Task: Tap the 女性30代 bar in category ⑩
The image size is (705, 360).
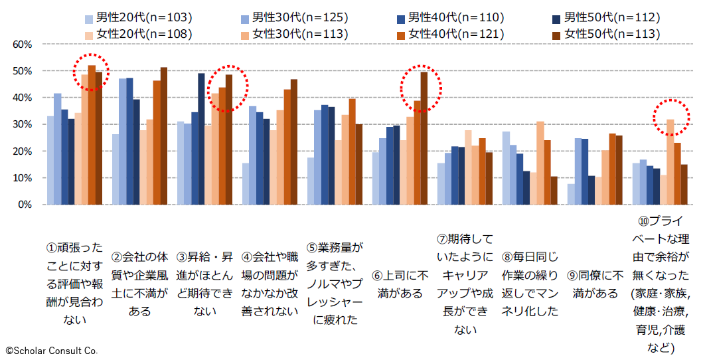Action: pos(670,162)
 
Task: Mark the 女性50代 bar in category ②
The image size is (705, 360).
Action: pos(164,136)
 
